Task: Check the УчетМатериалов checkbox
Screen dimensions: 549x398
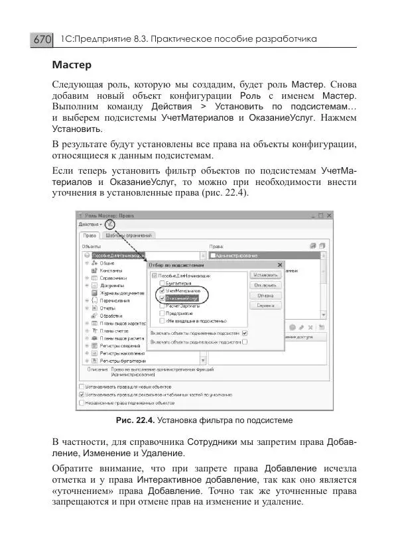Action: [x=162, y=290]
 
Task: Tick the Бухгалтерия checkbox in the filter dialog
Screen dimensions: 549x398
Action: [x=162, y=282]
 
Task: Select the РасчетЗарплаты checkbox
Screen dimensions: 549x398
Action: [x=162, y=306]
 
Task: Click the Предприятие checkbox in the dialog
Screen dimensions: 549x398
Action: [x=162, y=314]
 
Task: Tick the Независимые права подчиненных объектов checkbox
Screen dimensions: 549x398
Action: [x=82, y=402]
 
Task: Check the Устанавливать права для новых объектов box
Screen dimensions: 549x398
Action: [x=82, y=386]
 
